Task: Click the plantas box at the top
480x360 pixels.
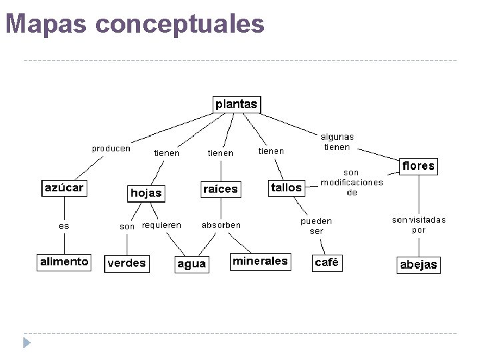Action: coord(236,105)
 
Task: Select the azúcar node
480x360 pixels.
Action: coord(64,188)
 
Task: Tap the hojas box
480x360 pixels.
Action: coord(146,193)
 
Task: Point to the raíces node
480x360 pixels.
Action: coord(220,189)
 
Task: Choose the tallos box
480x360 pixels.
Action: coord(287,188)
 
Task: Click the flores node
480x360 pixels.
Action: coord(419,166)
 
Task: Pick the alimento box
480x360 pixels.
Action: coord(64,262)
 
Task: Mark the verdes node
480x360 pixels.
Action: coord(127,263)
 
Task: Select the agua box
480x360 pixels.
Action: coord(191,264)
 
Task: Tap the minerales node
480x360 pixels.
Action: coord(260,261)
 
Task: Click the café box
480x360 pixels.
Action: coord(327,263)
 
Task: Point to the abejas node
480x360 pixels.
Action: coord(419,265)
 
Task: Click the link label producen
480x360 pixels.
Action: coord(111,149)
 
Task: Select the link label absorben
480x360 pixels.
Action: coord(221,225)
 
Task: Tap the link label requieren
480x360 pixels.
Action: coord(161,225)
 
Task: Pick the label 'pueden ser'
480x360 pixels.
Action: coord(316,226)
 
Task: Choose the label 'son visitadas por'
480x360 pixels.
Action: coord(419,225)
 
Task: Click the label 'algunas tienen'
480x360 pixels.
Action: coord(337,142)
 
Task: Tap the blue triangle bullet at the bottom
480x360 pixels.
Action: coord(27,344)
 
